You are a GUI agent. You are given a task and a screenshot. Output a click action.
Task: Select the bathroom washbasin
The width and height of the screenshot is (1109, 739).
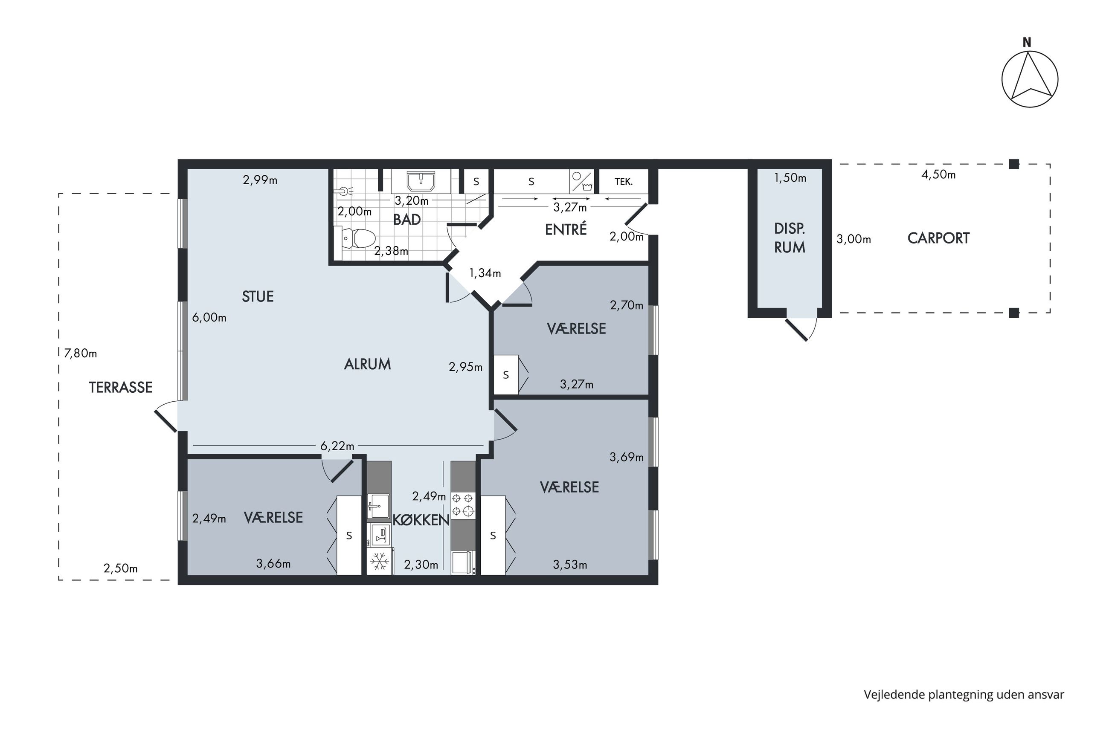click(421, 181)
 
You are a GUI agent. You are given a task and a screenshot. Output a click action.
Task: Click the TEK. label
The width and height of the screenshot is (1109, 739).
click(624, 182)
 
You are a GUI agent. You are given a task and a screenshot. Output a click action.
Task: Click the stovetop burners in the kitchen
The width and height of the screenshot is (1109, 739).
click(463, 504)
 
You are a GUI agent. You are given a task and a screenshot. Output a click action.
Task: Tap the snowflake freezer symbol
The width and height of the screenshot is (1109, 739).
click(380, 561)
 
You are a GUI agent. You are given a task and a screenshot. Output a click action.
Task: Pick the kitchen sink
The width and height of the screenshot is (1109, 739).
click(378, 506)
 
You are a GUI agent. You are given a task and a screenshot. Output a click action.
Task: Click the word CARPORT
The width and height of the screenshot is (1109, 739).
click(938, 238)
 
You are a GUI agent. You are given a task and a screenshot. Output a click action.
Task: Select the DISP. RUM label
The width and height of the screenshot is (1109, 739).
click(790, 238)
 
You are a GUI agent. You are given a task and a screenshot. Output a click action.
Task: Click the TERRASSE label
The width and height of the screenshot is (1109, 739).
click(121, 387)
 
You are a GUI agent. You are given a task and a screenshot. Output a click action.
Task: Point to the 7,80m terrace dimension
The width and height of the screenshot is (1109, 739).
click(81, 353)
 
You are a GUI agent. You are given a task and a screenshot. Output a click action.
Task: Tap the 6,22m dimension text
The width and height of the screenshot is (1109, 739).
click(337, 445)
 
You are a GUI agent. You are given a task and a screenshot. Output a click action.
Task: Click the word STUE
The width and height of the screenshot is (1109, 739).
click(258, 296)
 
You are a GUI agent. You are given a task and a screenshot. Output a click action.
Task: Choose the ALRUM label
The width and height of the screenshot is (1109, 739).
click(368, 364)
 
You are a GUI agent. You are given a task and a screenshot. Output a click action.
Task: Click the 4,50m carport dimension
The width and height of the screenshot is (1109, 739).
click(938, 174)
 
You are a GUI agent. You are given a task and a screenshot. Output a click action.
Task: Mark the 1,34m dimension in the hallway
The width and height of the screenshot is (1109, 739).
click(485, 273)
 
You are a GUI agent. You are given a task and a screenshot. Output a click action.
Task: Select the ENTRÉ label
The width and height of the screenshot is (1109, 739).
click(566, 229)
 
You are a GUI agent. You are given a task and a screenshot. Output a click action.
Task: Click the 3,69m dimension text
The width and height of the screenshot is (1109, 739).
click(627, 457)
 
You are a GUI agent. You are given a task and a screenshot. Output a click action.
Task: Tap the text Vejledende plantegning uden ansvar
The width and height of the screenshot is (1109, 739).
click(964, 695)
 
